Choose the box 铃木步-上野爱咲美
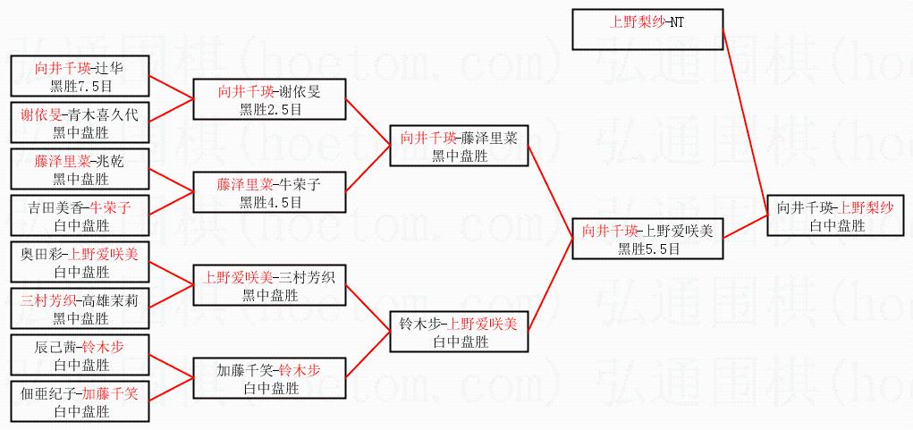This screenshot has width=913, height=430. [x=459, y=332]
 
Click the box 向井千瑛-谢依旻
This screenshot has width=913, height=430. [x=269, y=99]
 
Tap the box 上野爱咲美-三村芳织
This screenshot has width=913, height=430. [x=269, y=285]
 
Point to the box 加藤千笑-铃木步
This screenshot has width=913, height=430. [x=269, y=378]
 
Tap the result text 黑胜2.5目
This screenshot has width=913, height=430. [x=269, y=109]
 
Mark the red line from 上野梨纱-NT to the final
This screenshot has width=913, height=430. [x=744, y=116]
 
